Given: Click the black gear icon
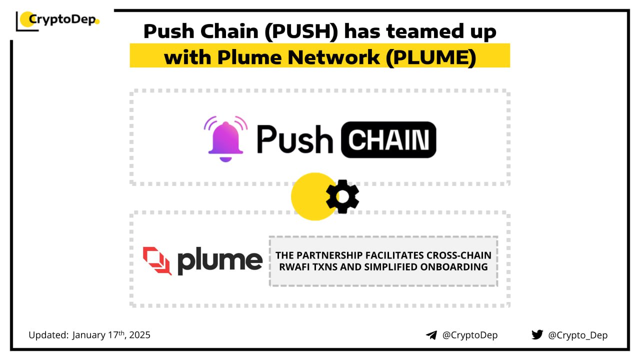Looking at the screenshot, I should point(342,196).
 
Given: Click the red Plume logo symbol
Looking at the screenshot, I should point(157,260).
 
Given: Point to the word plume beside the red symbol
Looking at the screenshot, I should point(220,260).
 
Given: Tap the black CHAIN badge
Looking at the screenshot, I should point(388,139).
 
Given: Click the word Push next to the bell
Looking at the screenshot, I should point(294,139).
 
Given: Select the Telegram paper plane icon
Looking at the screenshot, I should point(431,335).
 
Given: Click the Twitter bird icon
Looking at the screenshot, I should point(537,334).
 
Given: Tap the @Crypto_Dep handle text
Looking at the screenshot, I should point(578,335).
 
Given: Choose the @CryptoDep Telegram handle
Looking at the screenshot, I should point(470,335).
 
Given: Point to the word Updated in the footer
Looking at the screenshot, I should point(48,335).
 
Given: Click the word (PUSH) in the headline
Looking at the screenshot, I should point(304,31).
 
